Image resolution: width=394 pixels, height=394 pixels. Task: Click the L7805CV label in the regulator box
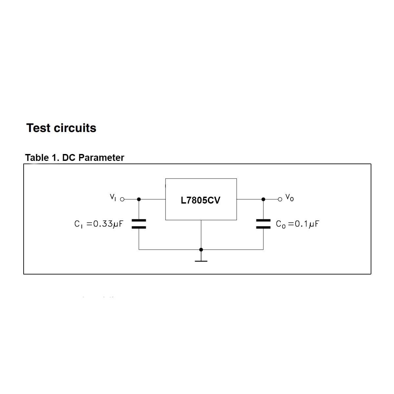click(200, 200)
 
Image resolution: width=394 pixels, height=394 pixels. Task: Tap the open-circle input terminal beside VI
click(122, 199)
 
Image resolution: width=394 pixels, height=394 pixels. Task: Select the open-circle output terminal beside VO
click(280, 199)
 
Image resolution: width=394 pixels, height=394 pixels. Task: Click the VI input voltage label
click(113, 197)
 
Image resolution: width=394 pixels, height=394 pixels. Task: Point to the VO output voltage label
click(290, 198)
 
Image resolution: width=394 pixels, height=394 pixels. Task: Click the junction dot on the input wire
click(139, 199)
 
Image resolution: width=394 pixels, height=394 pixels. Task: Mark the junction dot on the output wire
click(263, 199)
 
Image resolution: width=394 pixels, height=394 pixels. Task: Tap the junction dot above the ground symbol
click(201, 250)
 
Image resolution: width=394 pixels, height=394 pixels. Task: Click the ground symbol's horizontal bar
click(201, 261)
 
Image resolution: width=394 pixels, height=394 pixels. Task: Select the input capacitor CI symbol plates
click(139, 224)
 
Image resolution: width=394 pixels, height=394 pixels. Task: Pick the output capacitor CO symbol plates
click(263, 224)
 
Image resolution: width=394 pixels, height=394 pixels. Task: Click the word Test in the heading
click(38, 128)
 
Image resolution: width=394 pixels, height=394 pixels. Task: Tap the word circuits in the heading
click(75, 128)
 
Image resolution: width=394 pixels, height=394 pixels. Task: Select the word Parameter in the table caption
click(101, 158)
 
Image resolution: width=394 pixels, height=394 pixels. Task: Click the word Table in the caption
click(37, 158)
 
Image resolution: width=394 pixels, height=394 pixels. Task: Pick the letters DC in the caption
click(69, 158)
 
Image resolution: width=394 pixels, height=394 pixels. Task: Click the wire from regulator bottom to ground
click(201, 235)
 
